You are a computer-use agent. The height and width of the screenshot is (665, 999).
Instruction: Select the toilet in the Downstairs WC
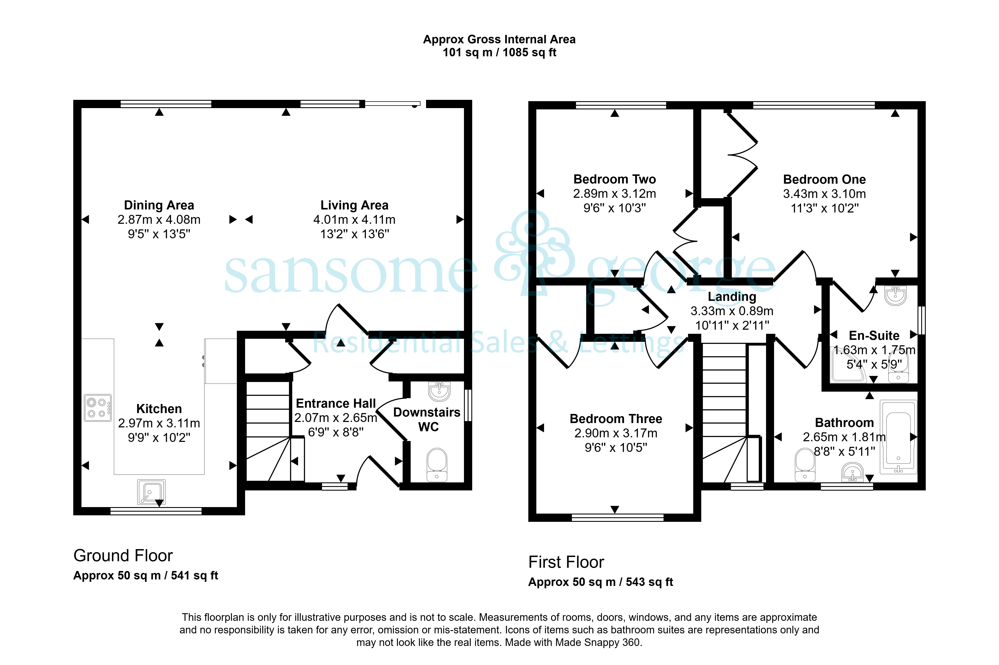(437, 465)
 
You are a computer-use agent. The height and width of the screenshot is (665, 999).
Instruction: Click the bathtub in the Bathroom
(898, 437)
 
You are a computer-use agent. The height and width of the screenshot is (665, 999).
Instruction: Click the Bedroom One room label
(824, 179)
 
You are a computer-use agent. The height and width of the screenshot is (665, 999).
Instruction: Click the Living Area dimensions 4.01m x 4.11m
(354, 220)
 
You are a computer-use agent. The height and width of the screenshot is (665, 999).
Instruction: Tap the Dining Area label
(159, 205)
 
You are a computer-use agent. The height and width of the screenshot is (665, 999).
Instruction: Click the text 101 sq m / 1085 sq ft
(499, 53)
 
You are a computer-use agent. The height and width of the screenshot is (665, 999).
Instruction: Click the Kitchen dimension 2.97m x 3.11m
(159, 423)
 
